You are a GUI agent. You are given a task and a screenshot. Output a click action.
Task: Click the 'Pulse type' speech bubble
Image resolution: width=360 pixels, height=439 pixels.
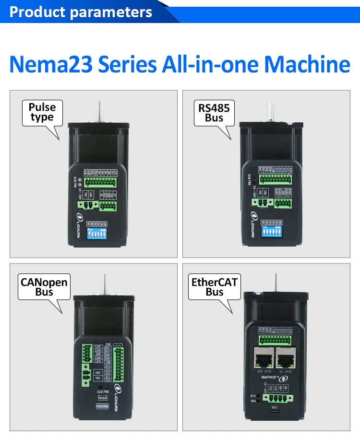[x=42, y=113]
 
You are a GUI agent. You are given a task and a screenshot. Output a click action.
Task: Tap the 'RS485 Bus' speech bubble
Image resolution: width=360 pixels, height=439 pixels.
[x=214, y=113]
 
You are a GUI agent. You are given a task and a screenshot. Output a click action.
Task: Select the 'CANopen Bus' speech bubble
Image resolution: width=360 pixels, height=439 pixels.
[x=44, y=286]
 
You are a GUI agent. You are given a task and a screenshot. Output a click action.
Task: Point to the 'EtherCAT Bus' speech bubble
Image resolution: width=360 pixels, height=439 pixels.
[x=214, y=287]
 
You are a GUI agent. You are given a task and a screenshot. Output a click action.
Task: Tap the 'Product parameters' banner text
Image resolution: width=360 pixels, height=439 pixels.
[x=80, y=12]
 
